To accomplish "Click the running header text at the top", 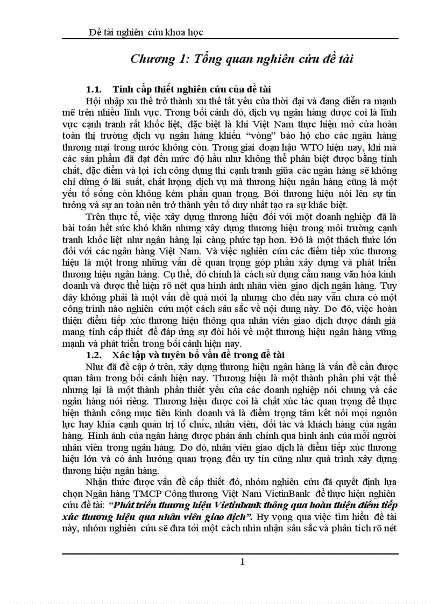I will pyautogui.click(x=145, y=32).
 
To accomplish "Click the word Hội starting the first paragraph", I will pyautogui.click(x=95, y=101).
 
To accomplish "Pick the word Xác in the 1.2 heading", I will pyautogui.click(x=121, y=355).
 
